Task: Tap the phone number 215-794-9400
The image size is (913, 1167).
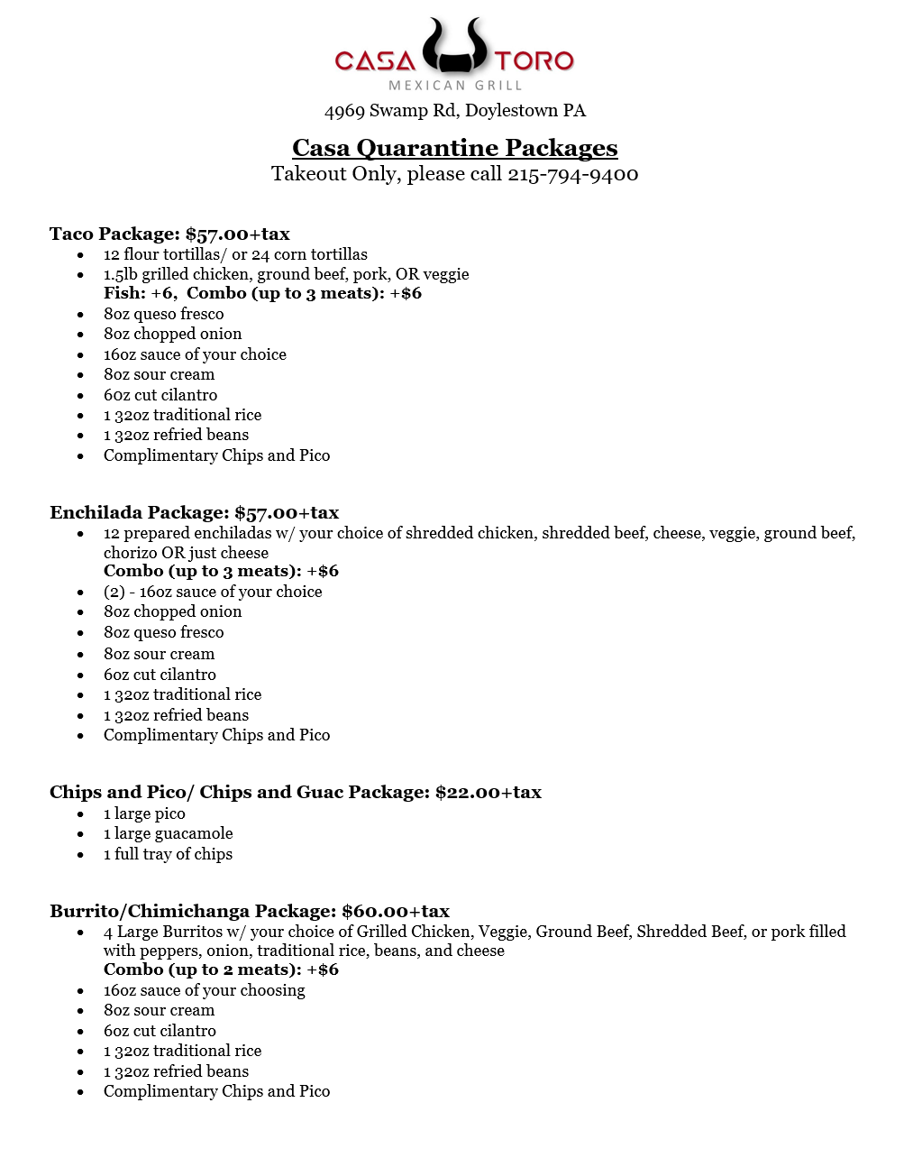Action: coord(572,174)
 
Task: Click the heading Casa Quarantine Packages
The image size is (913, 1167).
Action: coord(455,148)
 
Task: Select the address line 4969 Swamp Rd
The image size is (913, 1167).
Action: coord(455,111)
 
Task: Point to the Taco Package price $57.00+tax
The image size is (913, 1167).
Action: coord(238,234)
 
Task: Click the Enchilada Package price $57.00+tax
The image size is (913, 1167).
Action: coord(287,513)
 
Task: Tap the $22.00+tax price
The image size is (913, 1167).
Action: coord(488,793)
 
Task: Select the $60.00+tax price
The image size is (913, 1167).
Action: coord(396,912)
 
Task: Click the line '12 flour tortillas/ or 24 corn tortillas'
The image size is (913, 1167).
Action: coord(235,255)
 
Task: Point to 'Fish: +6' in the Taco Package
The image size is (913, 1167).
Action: coord(139,293)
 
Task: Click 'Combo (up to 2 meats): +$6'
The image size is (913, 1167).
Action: coord(221,970)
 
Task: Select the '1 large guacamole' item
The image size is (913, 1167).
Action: coord(168,834)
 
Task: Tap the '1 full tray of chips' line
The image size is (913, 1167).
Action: coord(168,854)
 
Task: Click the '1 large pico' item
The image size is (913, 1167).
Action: coord(144,813)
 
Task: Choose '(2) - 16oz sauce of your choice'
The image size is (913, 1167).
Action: coord(213,593)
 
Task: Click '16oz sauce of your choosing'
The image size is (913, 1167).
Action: coord(204,991)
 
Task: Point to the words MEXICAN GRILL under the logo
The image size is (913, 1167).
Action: coord(455,86)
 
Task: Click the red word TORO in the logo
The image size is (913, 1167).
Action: coord(534,61)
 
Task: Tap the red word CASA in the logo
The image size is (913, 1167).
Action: coord(375,61)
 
